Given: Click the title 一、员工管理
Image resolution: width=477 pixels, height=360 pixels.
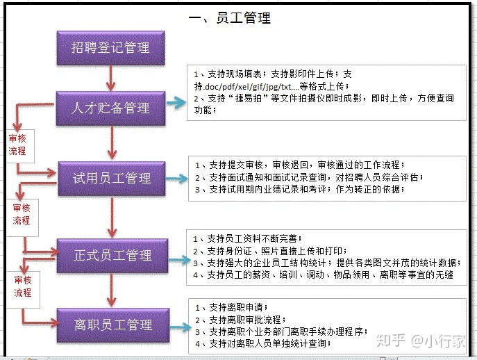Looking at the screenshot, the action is tap(230, 17).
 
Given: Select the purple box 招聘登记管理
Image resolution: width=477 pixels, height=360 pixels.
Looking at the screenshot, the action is tap(110, 48).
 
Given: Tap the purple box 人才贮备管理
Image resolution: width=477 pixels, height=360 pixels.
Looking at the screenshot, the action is tap(110, 108).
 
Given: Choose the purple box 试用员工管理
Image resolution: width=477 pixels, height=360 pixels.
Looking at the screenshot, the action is tap(112, 178).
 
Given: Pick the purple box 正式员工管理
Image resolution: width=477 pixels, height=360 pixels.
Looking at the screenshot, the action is tap(112, 255).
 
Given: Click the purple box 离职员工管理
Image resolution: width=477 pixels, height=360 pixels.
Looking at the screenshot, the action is tap(113, 325).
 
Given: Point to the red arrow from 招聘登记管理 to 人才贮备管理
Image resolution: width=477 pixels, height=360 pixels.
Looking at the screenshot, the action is tap(110, 79).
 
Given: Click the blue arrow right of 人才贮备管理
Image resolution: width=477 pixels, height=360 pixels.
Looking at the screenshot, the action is tap(176, 103).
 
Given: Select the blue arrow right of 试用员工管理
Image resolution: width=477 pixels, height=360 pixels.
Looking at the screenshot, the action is tap(177, 179).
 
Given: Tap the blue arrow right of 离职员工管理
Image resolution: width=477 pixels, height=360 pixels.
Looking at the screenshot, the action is tap(181, 327).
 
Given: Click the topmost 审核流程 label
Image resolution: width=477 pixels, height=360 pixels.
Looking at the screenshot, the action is tap(17, 145).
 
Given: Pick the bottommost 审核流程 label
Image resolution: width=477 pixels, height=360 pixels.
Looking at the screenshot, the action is tap(23, 286).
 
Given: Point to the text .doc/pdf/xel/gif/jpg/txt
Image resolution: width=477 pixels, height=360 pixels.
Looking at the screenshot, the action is tap(247, 87).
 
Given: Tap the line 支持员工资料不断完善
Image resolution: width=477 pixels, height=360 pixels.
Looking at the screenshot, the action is tap(248, 238).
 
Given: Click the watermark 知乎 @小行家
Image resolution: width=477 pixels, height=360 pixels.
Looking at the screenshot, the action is tap(421, 341).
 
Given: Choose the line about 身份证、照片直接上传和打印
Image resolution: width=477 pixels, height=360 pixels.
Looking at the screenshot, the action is tap(270, 251).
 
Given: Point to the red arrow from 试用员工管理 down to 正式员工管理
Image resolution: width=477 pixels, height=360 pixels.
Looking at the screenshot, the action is tap(112, 217).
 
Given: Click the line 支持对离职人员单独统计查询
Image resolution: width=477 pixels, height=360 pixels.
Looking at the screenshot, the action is tap(263, 343).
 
